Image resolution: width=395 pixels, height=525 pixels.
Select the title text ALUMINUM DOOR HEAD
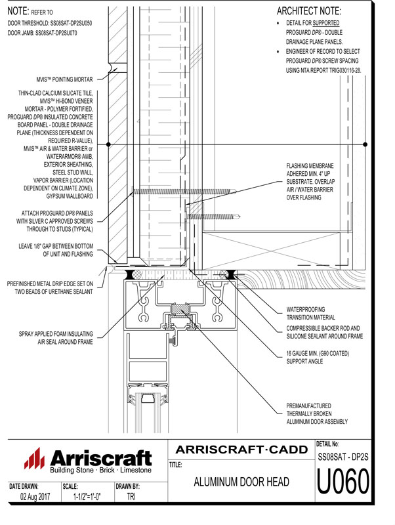click(x=241, y=483)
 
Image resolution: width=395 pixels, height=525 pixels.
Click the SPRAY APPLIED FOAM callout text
click(x=56, y=338)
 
